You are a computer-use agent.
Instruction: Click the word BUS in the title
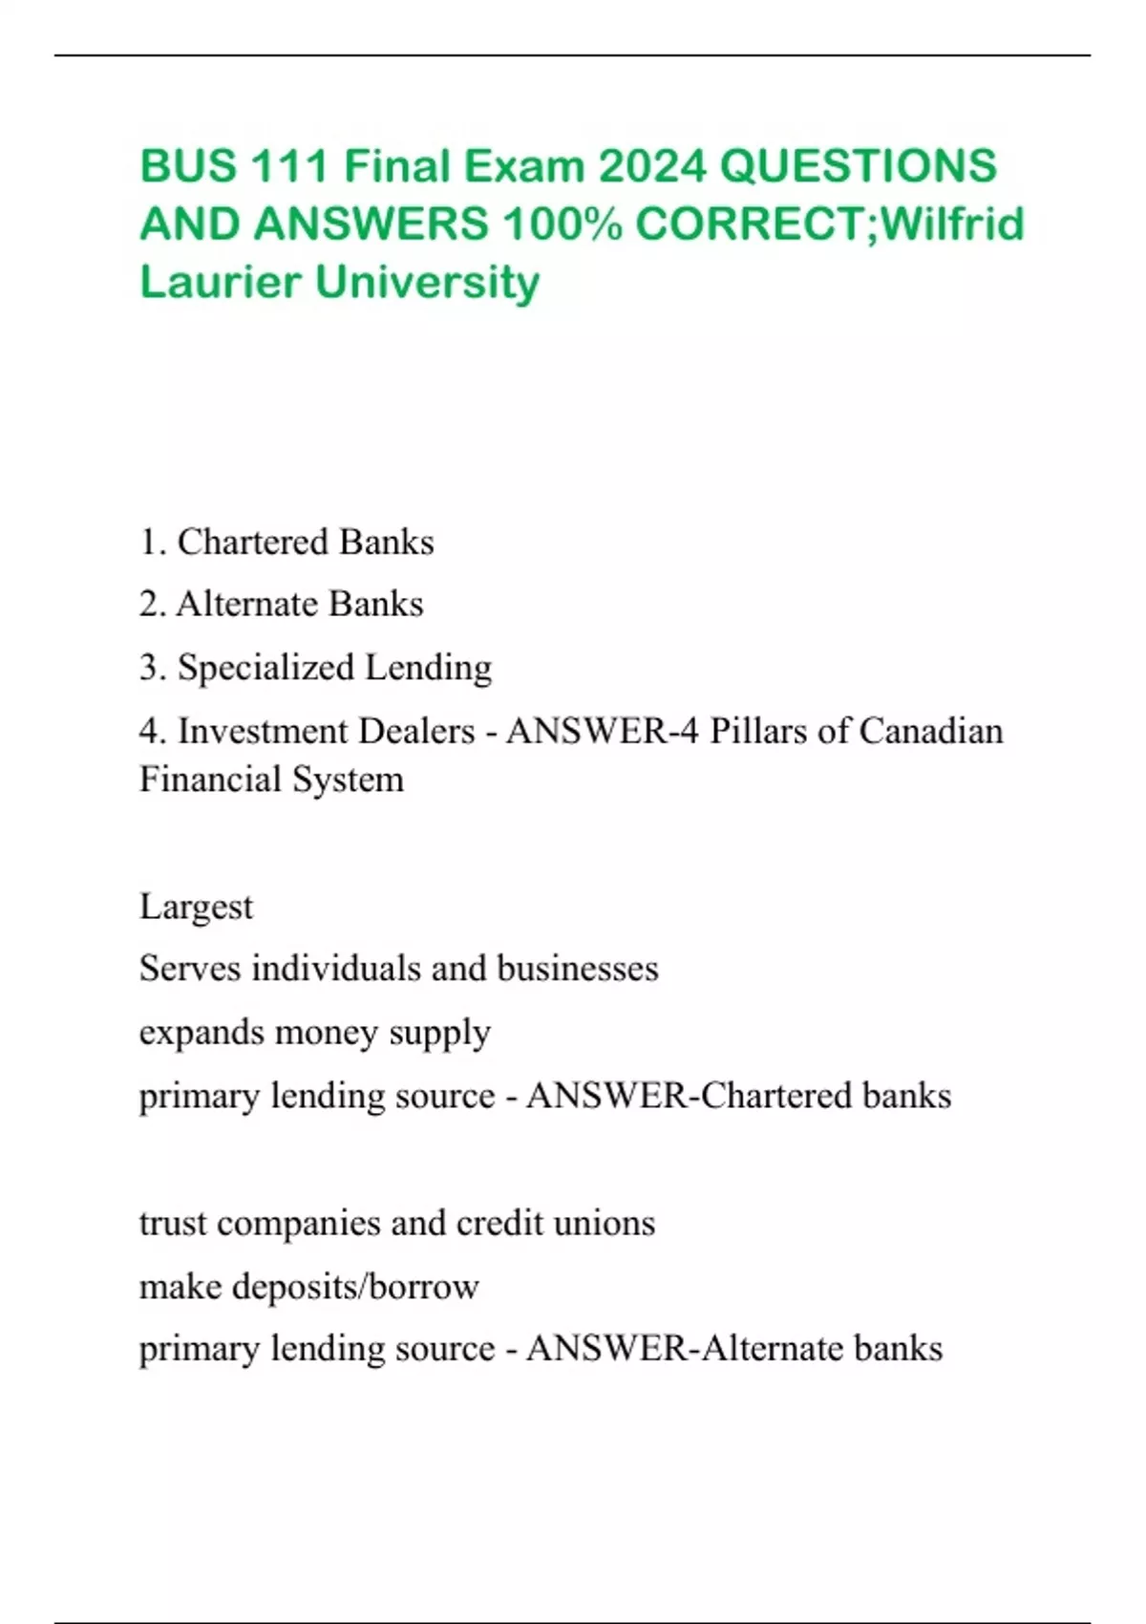(x=188, y=166)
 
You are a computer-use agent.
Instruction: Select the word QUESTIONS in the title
(x=858, y=166)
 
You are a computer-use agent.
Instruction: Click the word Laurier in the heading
(x=221, y=282)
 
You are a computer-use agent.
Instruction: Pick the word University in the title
(x=427, y=282)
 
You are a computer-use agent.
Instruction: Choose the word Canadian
(x=931, y=731)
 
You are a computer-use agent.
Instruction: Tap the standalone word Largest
(x=196, y=907)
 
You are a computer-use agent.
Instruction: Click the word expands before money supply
(x=202, y=1033)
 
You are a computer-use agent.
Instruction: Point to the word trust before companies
(x=173, y=1223)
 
